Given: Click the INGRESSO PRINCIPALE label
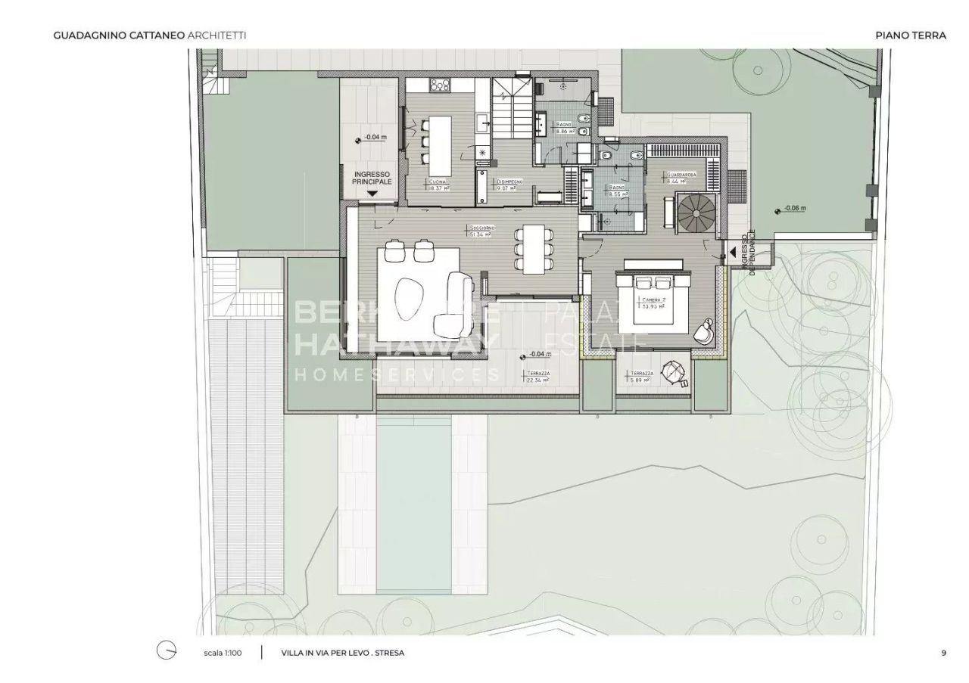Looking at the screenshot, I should click(372, 178).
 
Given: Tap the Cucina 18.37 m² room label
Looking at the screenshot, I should click(438, 185).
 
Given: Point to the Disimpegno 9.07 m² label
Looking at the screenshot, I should click(506, 185).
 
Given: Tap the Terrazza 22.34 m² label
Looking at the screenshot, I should click(539, 377).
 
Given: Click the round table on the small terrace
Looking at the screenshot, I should click(671, 371).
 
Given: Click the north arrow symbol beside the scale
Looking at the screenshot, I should click(166, 652).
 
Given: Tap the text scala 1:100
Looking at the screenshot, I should click(223, 653).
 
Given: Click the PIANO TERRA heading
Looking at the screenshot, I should click(910, 35).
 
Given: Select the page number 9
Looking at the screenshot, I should click(943, 653).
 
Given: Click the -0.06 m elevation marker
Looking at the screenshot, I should click(791, 208).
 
